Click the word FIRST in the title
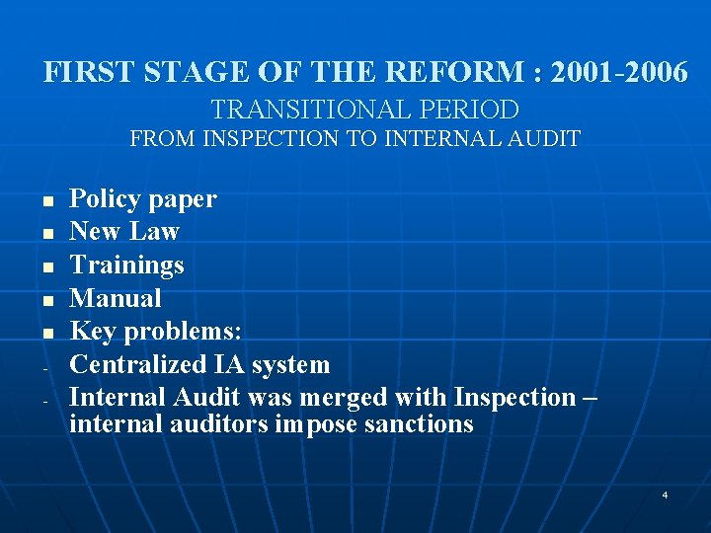[77, 72]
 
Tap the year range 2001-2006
[619, 72]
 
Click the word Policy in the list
[105, 199]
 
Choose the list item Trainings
[126, 266]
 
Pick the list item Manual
[116, 298]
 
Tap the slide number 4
[665, 494]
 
